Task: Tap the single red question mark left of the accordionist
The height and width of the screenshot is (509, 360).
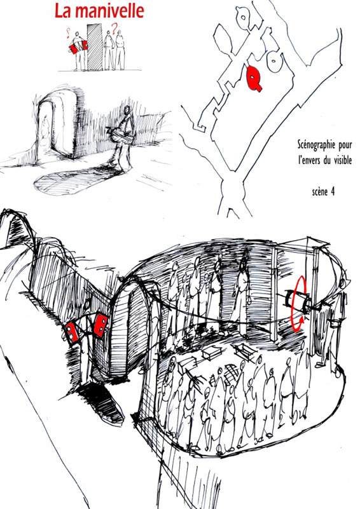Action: coord(68,33)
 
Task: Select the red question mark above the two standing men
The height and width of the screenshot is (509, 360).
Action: coord(114,29)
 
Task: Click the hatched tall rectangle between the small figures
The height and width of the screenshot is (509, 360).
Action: coord(95,47)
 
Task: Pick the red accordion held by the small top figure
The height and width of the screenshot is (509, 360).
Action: coord(79,46)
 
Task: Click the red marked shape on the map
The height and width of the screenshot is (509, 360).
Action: coord(253,78)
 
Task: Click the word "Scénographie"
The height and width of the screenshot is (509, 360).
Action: coord(316,144)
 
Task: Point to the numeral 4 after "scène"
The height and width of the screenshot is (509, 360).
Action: coord(333,191)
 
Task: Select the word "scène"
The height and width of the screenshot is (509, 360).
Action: coord(320,192)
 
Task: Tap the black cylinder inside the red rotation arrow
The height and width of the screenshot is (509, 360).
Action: coord(296,299)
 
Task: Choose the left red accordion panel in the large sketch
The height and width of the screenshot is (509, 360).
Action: coord(72,332)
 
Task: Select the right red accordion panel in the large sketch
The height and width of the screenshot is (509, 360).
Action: coord(101,325)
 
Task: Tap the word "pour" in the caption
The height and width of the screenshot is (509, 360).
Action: coord(345,145)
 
